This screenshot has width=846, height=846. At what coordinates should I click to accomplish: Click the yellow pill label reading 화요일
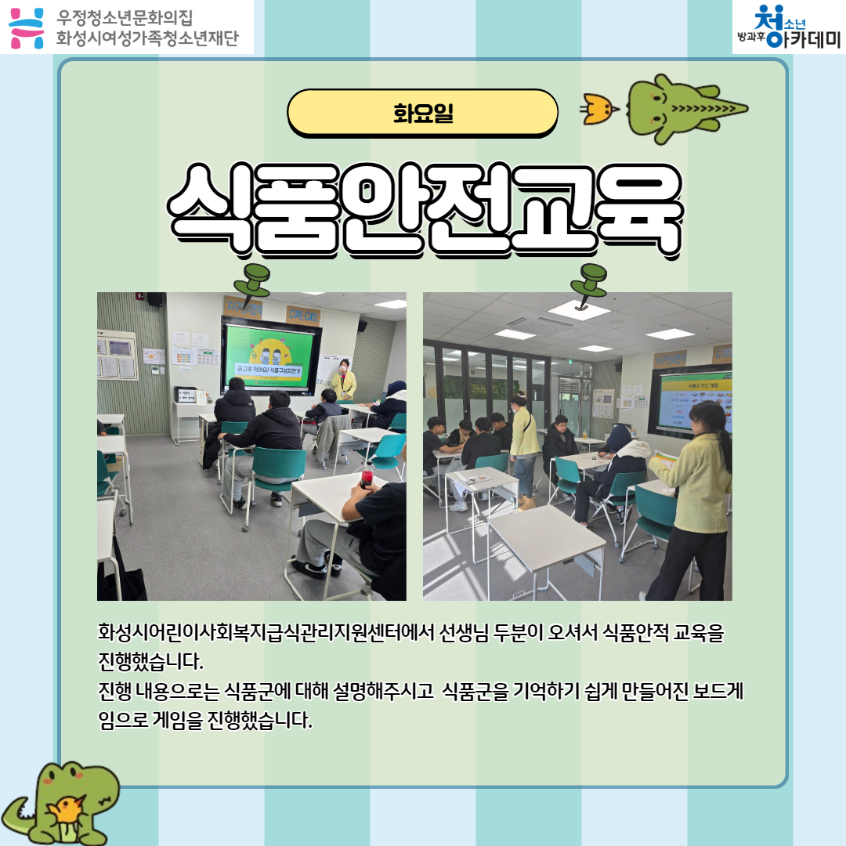click(423, 112)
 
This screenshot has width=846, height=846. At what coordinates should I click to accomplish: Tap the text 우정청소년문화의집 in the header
click(125, 16)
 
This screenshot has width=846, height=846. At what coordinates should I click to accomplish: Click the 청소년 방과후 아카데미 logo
click(788, 27)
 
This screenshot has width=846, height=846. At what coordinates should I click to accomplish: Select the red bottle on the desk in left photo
click(366, 478)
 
